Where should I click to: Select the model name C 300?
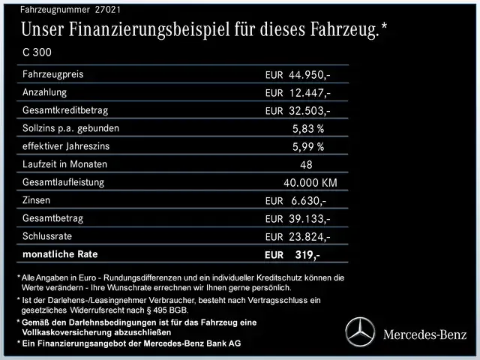pos(37,53)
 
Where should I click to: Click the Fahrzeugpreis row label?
pos(52,74)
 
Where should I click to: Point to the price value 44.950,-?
pos(309,75)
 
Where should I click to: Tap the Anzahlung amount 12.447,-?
pos(309,93)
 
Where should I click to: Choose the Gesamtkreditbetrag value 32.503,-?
pos(309,111)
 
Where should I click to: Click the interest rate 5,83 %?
pos(308,129)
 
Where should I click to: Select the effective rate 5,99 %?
pos(308,147)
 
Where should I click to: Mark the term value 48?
pos(307,165)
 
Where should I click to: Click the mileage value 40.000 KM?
pos(310,183)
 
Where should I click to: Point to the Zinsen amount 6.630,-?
pos(307,201)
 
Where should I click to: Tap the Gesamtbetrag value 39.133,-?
pos(309,219)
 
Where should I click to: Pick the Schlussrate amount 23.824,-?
pos(309,237)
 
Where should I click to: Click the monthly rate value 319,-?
pos(307,255)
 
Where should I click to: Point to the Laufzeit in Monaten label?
pos(65,164)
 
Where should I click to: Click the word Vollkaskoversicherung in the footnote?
pos(68,331)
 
